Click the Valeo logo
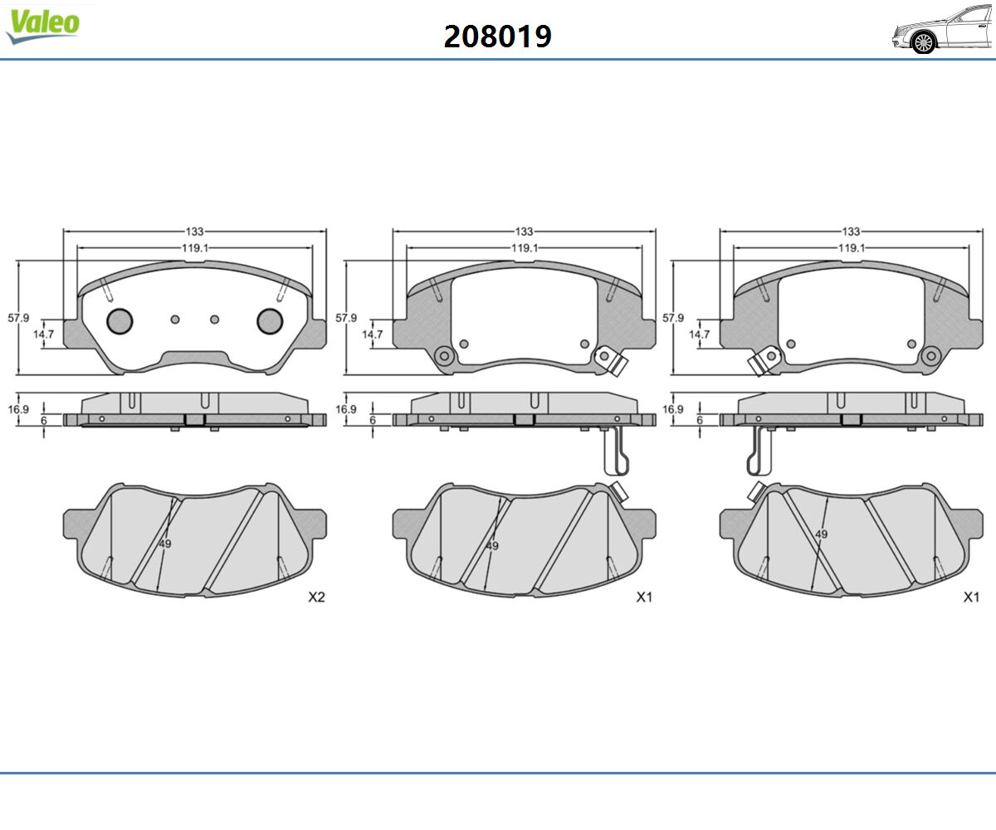[x=42, y=27]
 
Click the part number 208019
[x=497, y=37]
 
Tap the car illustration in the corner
[x=943, y=29]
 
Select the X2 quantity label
[x=316, y=598]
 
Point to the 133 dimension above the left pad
[x=194, y=232]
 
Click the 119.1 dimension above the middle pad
[x=525, y=248]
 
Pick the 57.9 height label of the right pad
[x=673, y=318]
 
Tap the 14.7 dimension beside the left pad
[x=43, y=334]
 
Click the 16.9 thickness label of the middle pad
[x=346, y=409]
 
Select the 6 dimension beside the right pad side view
[x=700, y=420]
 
